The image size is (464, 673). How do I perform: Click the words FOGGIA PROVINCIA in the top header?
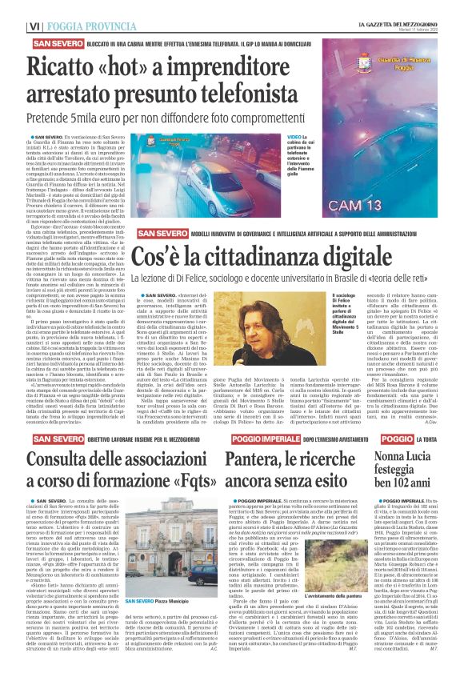[x=88, y=26]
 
